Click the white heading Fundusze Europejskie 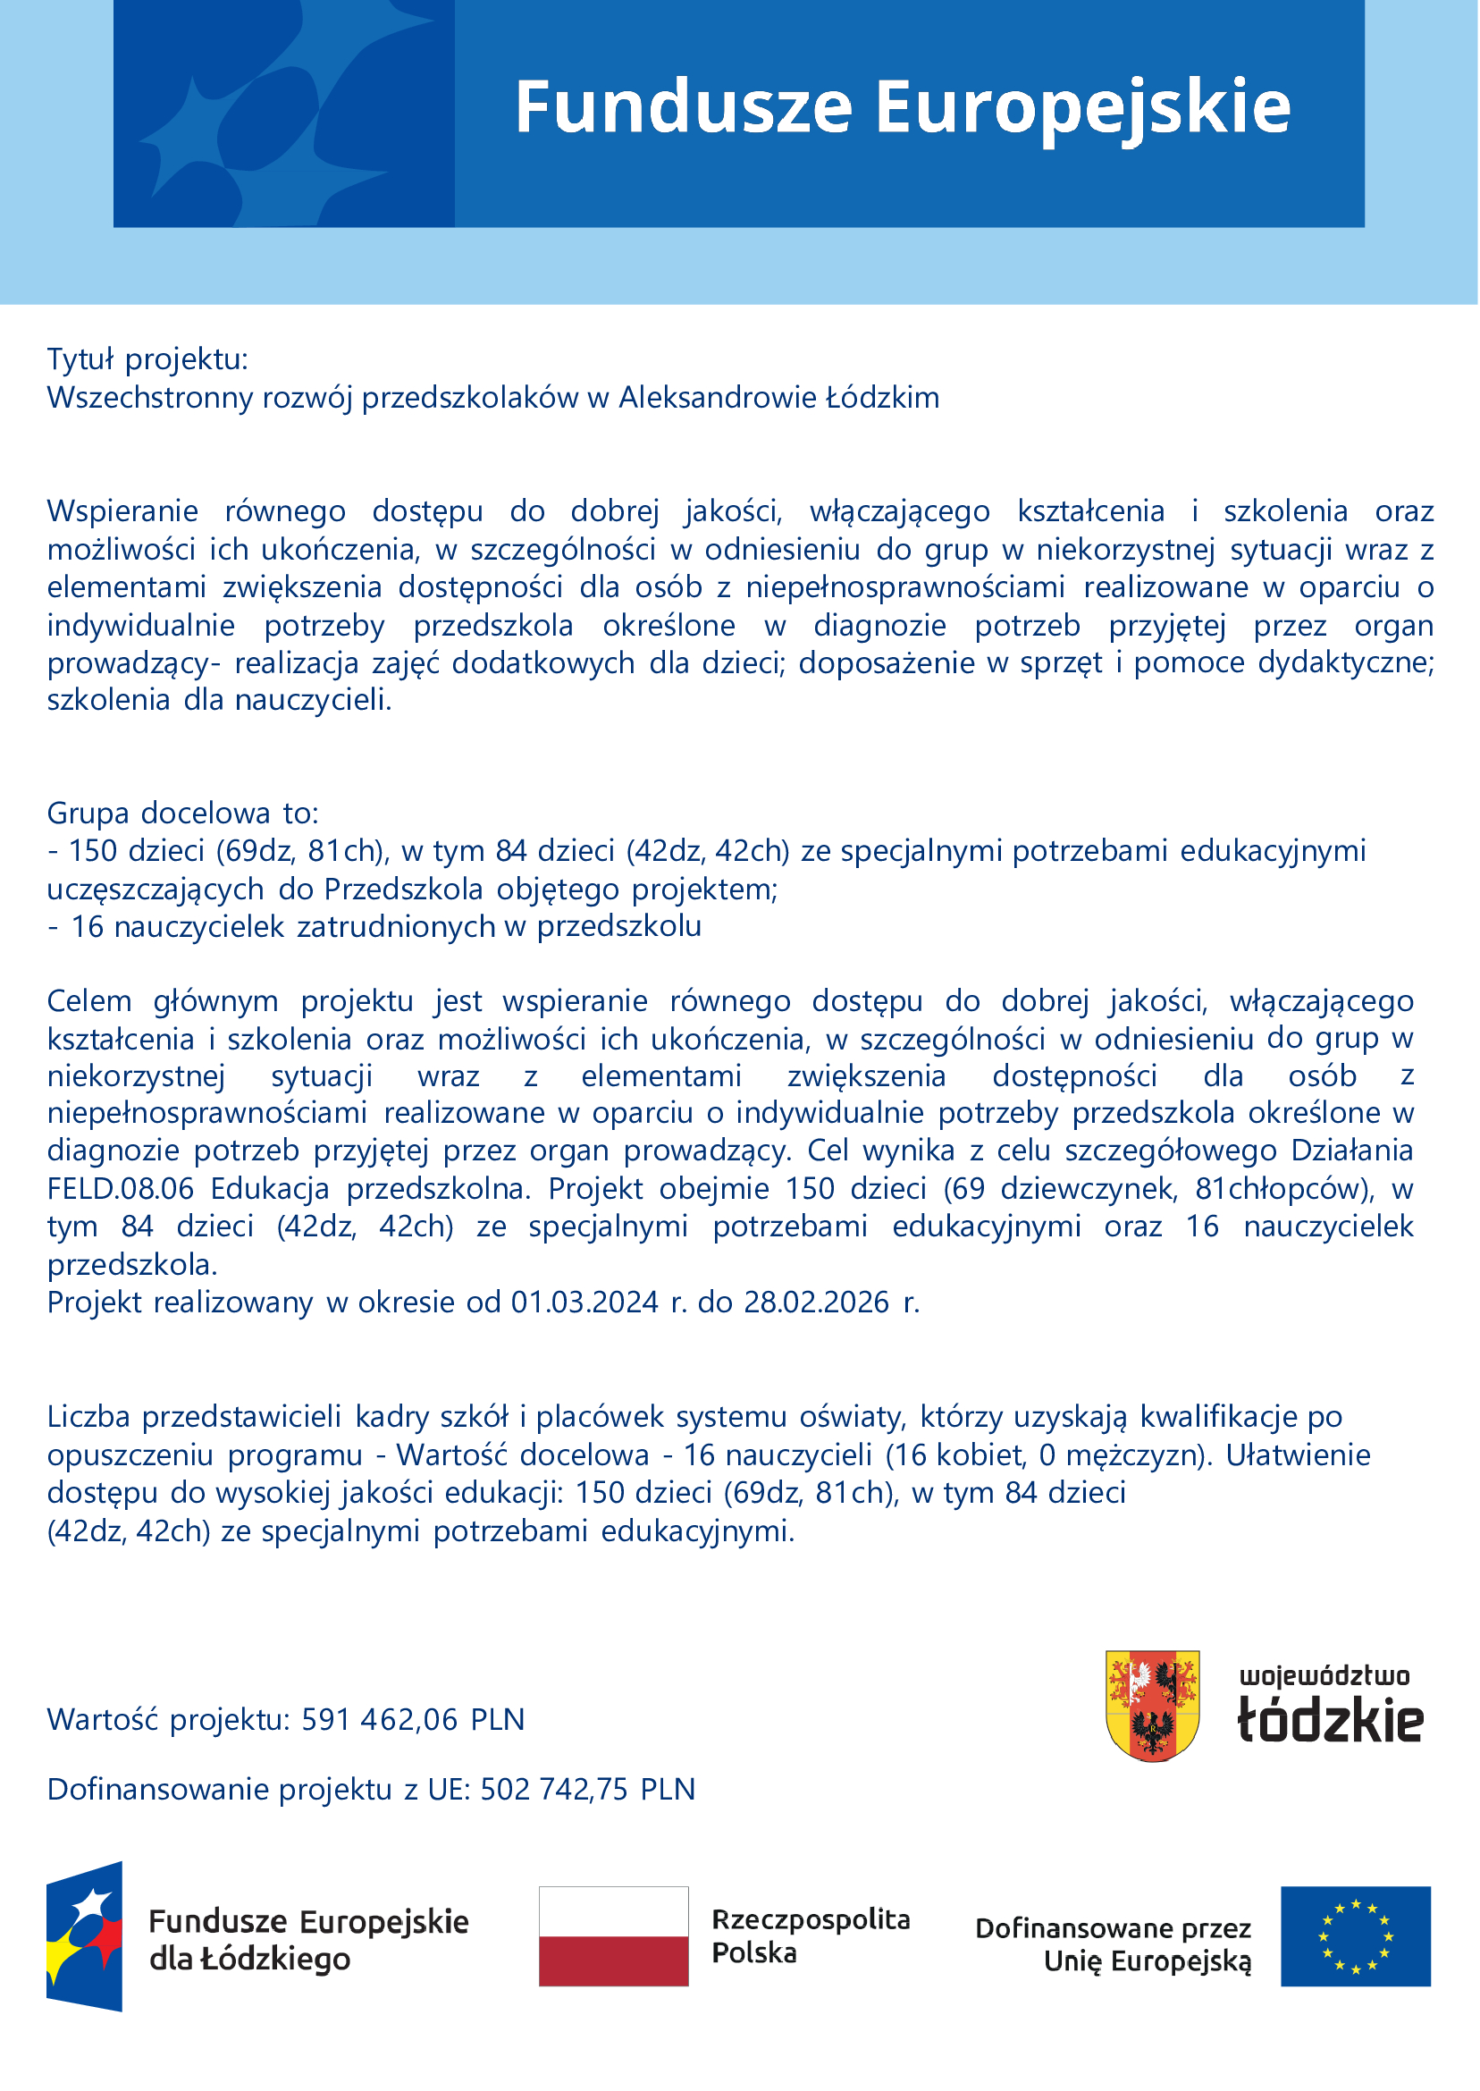pos(903,107)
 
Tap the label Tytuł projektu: pos(147,359)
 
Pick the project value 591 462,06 pos(379,1719)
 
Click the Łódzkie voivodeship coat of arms pos(1152,1706)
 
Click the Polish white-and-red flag pos(613,1936)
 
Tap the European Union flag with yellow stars pos(1355,1936)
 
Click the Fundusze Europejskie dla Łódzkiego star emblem pos(85,1936)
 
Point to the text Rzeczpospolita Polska pos(811,1936)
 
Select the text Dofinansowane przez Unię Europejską pos(1113,1943)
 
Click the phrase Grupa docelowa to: pos(183,812)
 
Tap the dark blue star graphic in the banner pos(283,113)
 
